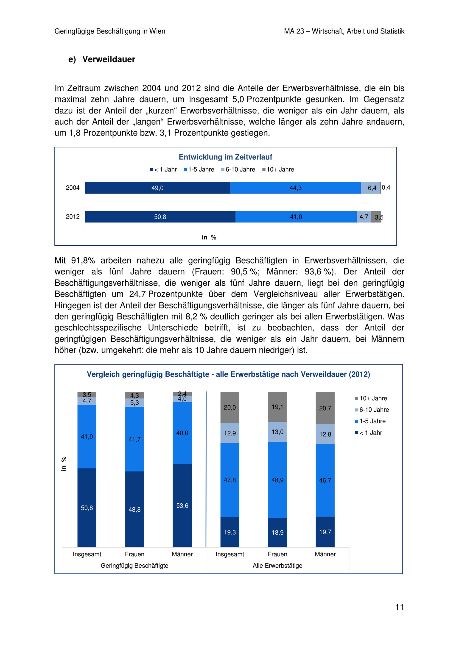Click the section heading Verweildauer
[x=109, y=59]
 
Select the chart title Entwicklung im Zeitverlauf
[x=225, y=157]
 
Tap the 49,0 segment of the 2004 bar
[x=157, y=188]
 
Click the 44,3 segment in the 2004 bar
[x=296, y=188]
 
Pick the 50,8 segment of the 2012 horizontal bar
[x=160, y=217]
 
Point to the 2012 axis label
[x=73, y=216]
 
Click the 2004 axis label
[x=73, y=188]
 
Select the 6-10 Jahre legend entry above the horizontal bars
[x=238, y=170]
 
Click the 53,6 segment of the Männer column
[x=182, y=506]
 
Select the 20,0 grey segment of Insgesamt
[x=230, y=407]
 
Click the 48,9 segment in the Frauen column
[x=277, y=480]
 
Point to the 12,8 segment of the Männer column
[x=325, y=434]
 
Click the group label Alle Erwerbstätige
[x=277, y=566]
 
